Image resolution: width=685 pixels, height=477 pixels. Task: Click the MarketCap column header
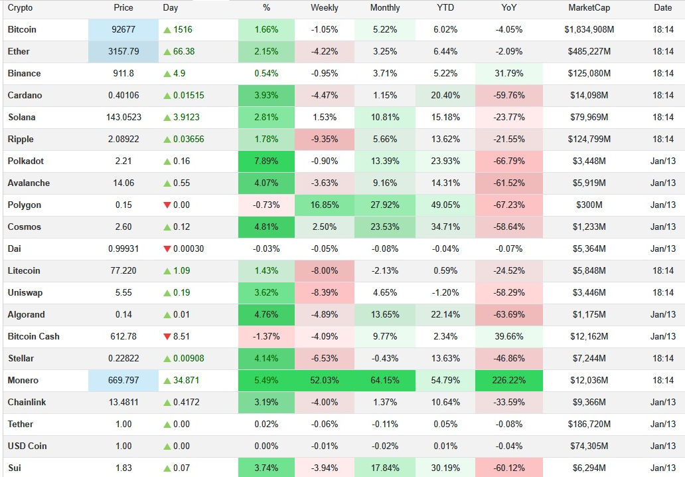(x=589, y=8)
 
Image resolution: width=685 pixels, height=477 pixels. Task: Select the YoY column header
(x=508, y=8)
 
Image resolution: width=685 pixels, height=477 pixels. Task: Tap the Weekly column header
(x=324, y=8)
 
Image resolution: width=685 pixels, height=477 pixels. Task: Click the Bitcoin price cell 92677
(x=123, y=30)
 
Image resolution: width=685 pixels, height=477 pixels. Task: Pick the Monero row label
(x=23, y=381)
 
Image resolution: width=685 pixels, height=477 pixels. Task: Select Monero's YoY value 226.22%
(x=508, y=381)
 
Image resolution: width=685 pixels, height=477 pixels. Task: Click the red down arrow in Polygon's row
(x=167, y=205)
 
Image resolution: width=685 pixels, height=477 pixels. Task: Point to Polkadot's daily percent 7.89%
(x=266, y=161)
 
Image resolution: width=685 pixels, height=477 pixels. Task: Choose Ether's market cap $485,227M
(x=589, y=52)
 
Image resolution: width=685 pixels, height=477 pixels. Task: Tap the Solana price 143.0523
(x=123, y=118)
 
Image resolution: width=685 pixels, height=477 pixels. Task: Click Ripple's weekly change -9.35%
(x=324, y=140)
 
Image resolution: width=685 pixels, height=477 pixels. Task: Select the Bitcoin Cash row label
(x=33, y=337)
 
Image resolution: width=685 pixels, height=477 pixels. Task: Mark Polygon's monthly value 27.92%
(x=385, y=205)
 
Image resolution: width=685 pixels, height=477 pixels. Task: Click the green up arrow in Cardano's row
(x=167, y=96)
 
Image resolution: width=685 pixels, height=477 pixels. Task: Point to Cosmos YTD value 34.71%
(x=445, y=227)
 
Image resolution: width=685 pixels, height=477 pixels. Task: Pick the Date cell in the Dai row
(x=662, y=249)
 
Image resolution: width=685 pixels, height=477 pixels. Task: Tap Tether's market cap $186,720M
(x=589, y=425)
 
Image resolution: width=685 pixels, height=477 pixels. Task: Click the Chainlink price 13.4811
(x=123, y=403)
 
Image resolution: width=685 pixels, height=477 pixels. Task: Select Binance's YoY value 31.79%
(x=508, y=74)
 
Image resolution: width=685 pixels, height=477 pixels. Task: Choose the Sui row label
(x=15, y=468)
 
